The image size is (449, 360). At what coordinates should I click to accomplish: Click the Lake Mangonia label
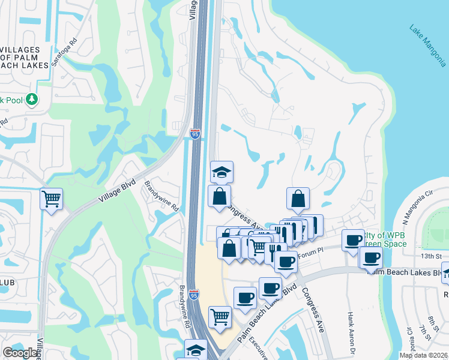(x=428, y=45)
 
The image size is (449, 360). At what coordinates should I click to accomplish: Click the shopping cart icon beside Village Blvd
(x=52, y=197)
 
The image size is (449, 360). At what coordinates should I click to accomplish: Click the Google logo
(x=20, y=353)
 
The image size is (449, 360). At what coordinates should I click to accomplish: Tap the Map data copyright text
(x=424, y=355)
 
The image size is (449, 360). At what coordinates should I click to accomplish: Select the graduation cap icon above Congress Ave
(x=221, y=172)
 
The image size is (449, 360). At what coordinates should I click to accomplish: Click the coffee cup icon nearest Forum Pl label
(x=286, y=261)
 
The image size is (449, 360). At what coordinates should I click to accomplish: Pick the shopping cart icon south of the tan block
(x=220, y=316)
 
